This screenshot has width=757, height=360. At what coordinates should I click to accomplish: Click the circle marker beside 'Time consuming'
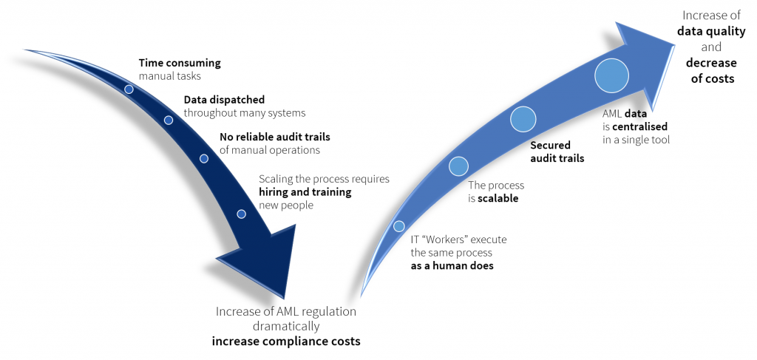(x=129, y=89)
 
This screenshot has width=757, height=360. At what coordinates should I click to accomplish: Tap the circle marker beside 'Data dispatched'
(x=169, y=120)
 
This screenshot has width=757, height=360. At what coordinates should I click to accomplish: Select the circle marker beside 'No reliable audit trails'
(x=204, y=158)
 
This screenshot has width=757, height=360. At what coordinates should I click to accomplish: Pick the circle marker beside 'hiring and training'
(x=242, y=214)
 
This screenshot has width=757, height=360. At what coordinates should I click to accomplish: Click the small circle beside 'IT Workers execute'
(x=398, y=226)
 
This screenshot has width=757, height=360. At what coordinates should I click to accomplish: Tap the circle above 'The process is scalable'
(x=458, y=166)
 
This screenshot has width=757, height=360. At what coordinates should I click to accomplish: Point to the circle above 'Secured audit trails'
(x=523, y=119)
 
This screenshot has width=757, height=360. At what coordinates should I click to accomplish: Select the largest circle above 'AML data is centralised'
(x=611, y=75)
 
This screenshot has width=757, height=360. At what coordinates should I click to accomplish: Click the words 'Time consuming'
(x=180, y=63)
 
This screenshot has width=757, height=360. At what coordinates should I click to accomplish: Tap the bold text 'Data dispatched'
(x=225, y=100)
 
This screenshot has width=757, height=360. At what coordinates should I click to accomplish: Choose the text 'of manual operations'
(x=270, y=150)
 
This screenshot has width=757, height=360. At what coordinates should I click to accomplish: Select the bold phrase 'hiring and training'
(x=305, y=192)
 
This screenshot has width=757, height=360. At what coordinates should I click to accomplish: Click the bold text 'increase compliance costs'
(x=286, y=342)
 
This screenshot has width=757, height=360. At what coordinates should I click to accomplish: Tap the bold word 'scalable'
(x=498, y=198)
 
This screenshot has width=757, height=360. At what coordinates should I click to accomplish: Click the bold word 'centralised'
(x=640, y=127)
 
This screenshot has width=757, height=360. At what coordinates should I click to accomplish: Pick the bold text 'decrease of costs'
(x=712, y=70)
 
